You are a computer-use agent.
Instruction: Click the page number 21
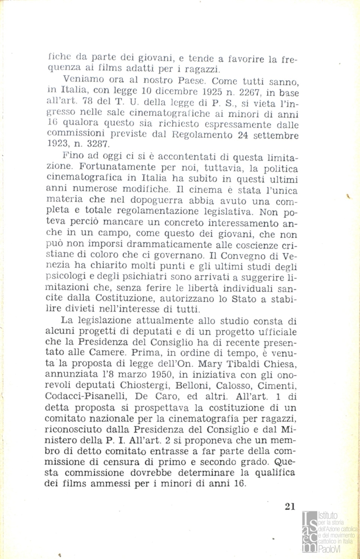point(290,506)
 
